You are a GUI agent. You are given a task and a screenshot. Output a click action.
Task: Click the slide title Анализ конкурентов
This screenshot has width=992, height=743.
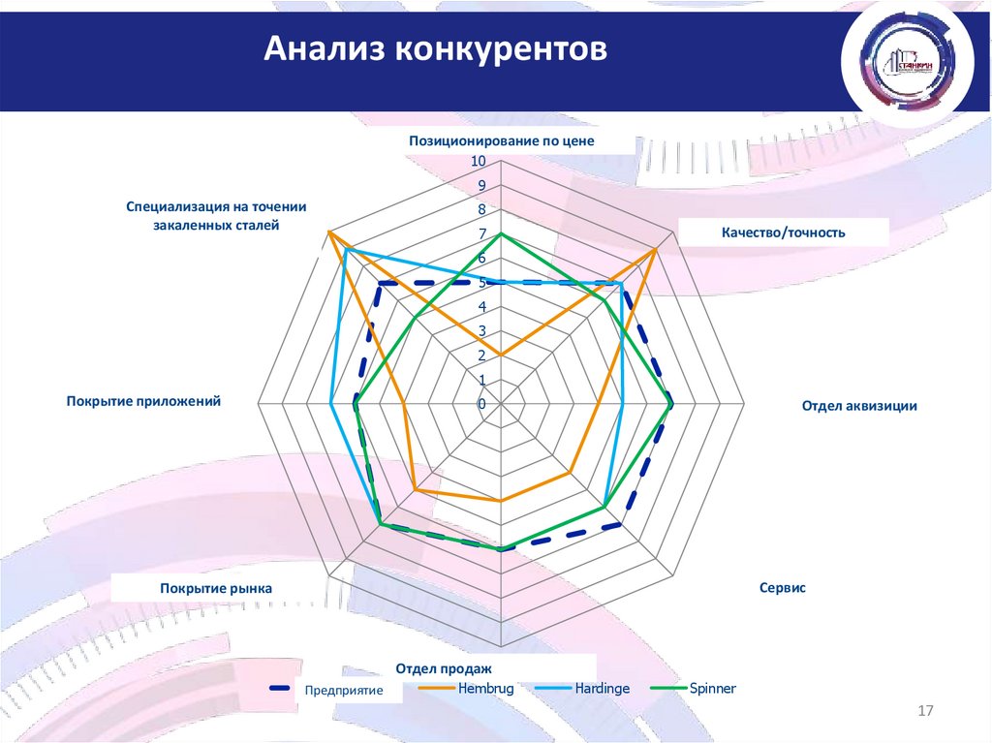point(437,48)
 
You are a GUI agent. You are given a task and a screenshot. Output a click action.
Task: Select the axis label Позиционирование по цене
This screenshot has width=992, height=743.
point(501,140)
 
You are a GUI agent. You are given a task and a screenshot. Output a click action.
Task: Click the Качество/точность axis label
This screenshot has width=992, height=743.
point(783,232)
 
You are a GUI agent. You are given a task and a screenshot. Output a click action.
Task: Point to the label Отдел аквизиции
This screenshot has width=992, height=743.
point(858,406)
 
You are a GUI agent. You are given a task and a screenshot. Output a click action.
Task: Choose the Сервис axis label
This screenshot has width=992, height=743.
point(783,588)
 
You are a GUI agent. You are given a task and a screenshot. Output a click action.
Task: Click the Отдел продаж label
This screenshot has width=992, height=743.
point(444,668)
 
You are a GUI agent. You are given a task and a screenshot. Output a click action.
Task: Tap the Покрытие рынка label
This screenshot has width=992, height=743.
point(216,588)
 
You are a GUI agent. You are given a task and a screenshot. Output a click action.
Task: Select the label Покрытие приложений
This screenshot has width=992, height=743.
point(143,400)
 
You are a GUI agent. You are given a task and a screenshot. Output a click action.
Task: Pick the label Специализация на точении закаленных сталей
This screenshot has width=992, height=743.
point(216,215)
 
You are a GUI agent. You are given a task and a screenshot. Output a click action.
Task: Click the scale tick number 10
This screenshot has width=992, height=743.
point(479,161)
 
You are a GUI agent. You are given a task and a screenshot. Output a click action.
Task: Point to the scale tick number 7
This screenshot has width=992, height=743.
point(482,234)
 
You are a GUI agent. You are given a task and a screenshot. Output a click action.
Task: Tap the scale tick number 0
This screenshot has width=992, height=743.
point(481,404)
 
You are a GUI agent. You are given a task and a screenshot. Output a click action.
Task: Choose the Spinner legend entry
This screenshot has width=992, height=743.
point(712,688)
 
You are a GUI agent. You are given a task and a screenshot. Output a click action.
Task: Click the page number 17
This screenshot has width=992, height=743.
point(924,712)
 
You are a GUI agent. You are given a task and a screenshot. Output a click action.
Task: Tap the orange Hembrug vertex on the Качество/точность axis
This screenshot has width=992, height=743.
point(655,251)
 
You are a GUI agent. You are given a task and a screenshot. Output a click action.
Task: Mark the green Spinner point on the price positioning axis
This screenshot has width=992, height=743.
point(501,234)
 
